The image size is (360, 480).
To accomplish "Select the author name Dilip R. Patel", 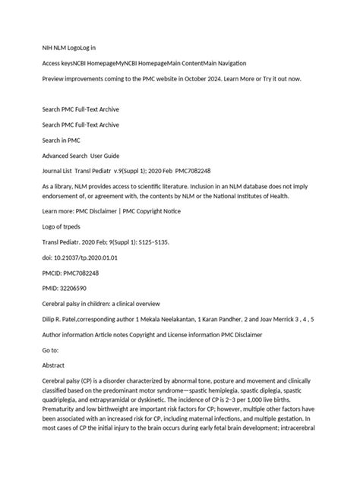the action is coord(65,320).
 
